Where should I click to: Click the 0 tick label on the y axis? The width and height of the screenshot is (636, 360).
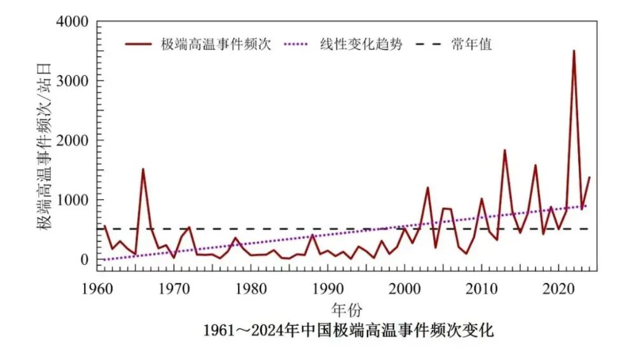coord(83,260)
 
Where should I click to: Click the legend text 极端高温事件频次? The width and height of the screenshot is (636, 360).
coord(216,45)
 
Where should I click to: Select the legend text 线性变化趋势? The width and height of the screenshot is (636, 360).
coord(358,45)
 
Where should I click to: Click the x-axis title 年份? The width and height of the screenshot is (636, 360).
coord(347,310)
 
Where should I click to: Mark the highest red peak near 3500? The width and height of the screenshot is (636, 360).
coord(574,51)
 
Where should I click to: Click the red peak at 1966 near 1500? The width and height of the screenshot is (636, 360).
coord(143,169)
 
